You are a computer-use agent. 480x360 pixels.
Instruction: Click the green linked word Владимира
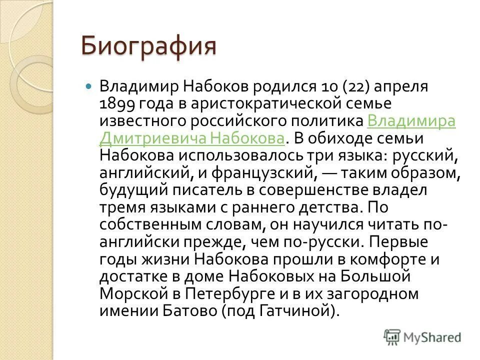(x=411, y=121)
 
